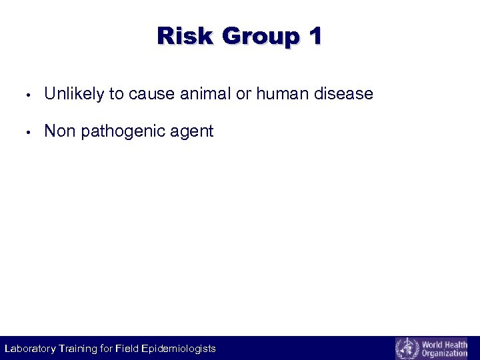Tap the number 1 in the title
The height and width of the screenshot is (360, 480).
coord(315,36)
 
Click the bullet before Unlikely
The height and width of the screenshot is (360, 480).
coord(23,95)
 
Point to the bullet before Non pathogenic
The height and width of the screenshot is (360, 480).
coord(23,132)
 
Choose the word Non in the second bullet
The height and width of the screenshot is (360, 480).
coord(60,131)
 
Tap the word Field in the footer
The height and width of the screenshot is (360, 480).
coord(127,348)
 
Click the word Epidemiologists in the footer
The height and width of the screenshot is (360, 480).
coord(179,348)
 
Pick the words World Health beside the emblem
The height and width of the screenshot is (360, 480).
coord(445,343)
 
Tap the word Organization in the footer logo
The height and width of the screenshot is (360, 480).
coord(445,353)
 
